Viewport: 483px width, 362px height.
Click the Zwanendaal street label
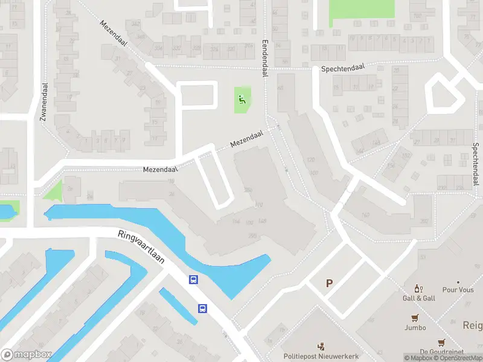click(43, 103)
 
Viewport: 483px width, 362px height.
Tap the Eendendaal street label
click(264, 59)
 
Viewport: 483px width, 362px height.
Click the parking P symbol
click(330, 283)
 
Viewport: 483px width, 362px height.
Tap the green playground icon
click(242, 100)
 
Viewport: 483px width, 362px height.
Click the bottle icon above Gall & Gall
click(417, 289)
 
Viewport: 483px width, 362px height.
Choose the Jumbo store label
click(415, 328)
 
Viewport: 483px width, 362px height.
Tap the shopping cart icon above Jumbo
click(415, 318)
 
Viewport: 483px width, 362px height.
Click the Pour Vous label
click(458, 290)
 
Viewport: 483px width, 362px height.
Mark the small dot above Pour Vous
click(458, 282)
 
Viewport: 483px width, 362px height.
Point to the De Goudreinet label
click(441, 351)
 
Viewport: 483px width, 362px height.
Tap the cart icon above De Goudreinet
click(441, 342)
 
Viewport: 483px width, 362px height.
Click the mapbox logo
click(27, 355)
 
